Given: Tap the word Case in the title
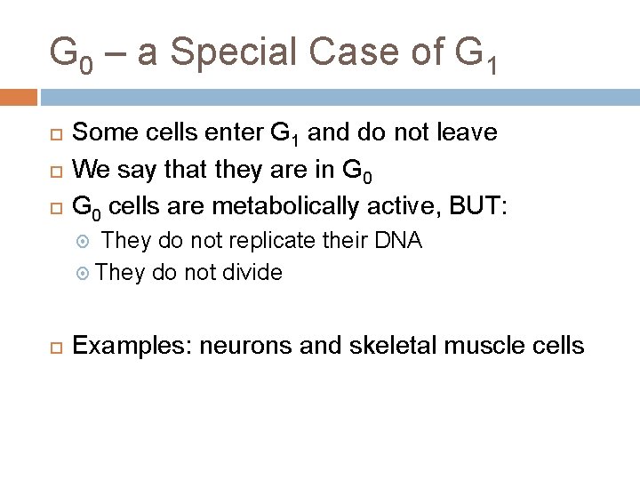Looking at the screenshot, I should pos(363,53).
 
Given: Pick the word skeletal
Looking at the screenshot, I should pos(381,345).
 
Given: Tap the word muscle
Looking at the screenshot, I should pos(488,345).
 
